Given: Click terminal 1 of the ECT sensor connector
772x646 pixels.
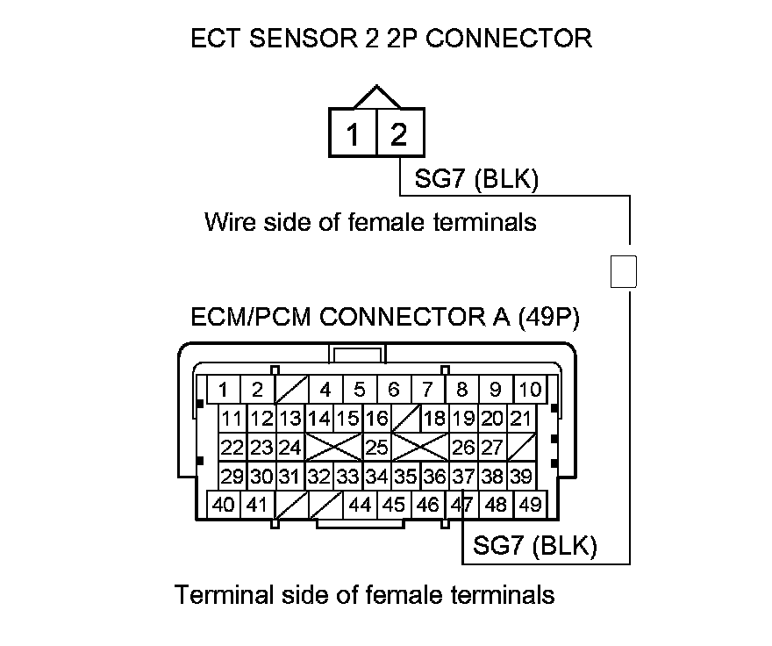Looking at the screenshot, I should (353, 134).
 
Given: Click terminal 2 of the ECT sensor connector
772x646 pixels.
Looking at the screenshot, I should (399, 134).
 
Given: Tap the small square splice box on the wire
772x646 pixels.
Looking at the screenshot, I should (623, 271).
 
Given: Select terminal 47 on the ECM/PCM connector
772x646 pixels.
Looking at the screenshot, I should (461, 505).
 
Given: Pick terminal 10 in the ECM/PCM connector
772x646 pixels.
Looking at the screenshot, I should (530, 390).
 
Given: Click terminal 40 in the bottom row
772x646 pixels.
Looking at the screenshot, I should (224, 505).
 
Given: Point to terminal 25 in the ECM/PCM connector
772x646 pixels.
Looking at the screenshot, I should (376, 448).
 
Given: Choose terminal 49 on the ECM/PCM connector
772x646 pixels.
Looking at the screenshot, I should (529, 505).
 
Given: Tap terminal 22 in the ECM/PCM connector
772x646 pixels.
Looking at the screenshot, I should (232, 448).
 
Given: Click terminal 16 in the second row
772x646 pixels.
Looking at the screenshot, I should (376, 419).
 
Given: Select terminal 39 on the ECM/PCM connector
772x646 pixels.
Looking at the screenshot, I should (521, 477).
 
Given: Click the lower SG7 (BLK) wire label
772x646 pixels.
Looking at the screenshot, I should (534, 546).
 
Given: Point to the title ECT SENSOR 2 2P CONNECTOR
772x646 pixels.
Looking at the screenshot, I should (391, 39).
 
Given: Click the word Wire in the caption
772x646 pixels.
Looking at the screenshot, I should (229, 221).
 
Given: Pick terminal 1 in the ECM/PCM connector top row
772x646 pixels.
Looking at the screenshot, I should (224, 390).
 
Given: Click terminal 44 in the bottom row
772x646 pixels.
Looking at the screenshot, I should (360, 505).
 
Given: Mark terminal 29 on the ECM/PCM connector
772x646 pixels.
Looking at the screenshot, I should (232, 477).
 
